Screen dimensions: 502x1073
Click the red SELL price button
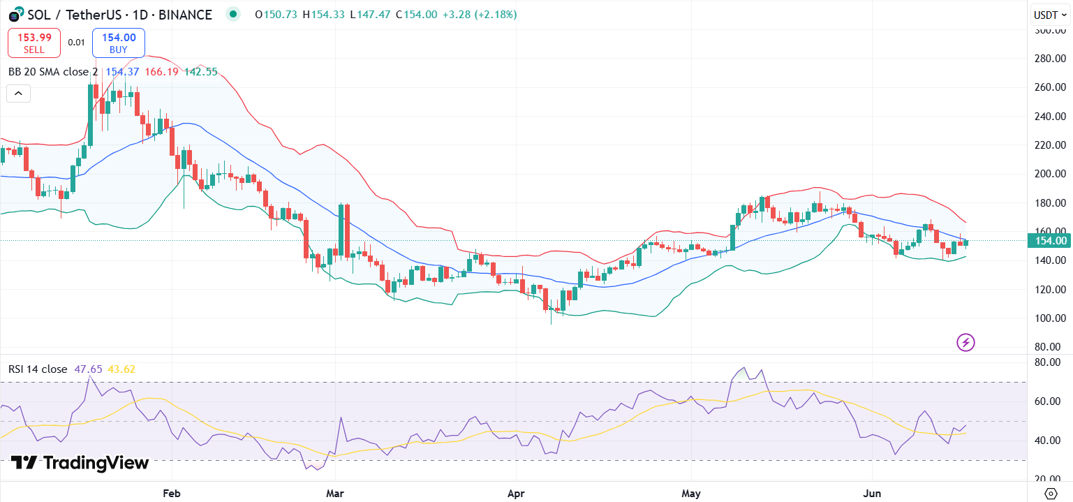tap(34, 43)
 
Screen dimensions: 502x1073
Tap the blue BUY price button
tap(118, 43)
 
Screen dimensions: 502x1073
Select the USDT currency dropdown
tap(1049, 15)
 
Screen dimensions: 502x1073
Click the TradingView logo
tap(80, 463)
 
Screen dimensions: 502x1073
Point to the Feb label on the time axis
tap(171, 493)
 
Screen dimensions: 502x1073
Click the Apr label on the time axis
tap(516, 493)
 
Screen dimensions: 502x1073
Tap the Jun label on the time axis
tap(873, 493)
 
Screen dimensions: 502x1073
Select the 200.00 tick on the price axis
tap(1051, 174)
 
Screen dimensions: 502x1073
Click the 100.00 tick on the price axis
tap(1051, 318)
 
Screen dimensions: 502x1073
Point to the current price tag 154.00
tap(1050, 241)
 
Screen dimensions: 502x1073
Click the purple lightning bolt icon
tap(965, 342)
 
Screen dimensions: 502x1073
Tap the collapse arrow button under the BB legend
tap(18, 93)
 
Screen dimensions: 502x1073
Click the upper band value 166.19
tap(161, 71)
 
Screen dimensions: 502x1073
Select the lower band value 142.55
tap(200, 71)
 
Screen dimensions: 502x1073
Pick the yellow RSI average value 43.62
tap(122, 369)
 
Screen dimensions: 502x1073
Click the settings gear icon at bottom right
tap(1051, 493)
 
